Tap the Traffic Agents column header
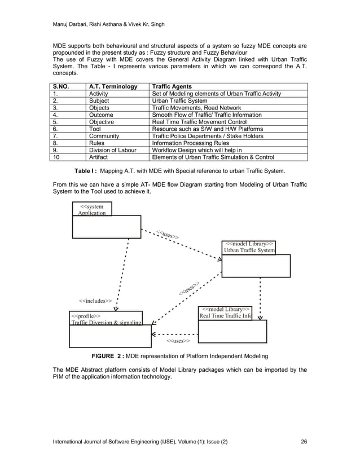click(172, 86)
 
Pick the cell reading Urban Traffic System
click(182, 100)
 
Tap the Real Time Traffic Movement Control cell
click(208, 122)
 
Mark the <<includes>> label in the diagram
click(95, 301)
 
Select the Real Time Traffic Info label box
click(226, 313)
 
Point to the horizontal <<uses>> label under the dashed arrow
click(178, 341)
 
